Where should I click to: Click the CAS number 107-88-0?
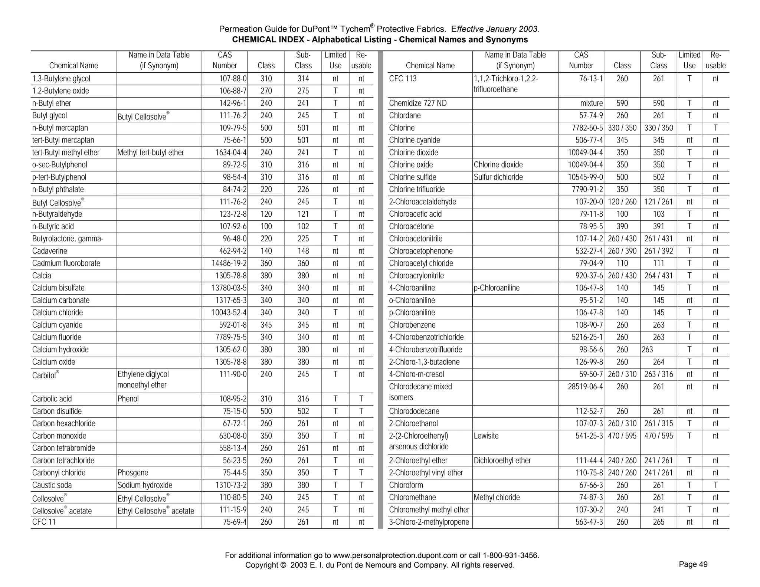click(x=233, y=79)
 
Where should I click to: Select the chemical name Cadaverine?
click(x=50, y=251)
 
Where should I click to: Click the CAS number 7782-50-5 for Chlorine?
click(x=587, y=128)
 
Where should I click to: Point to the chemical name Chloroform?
click(x=406, y=485)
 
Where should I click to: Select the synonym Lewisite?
click(x=486, y=436)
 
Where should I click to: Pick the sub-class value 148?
click(x=303, y=251)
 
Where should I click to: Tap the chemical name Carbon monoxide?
click(x=59, y=436)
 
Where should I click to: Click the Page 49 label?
click(x=693, y=564)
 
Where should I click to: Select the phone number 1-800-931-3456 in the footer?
click(x=510, y=555)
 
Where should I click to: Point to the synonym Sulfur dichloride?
click(x=498, y=177)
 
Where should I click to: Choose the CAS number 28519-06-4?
click(x=585, y=387)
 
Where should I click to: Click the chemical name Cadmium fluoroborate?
click(x=66, y=263)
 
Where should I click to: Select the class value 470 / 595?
click(x=622, y=436)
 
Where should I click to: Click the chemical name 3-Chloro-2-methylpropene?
click(x=429, y=522)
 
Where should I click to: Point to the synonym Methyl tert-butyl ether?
click(x=150, y=153)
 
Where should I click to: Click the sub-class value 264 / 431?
click(x=658, y=276)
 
